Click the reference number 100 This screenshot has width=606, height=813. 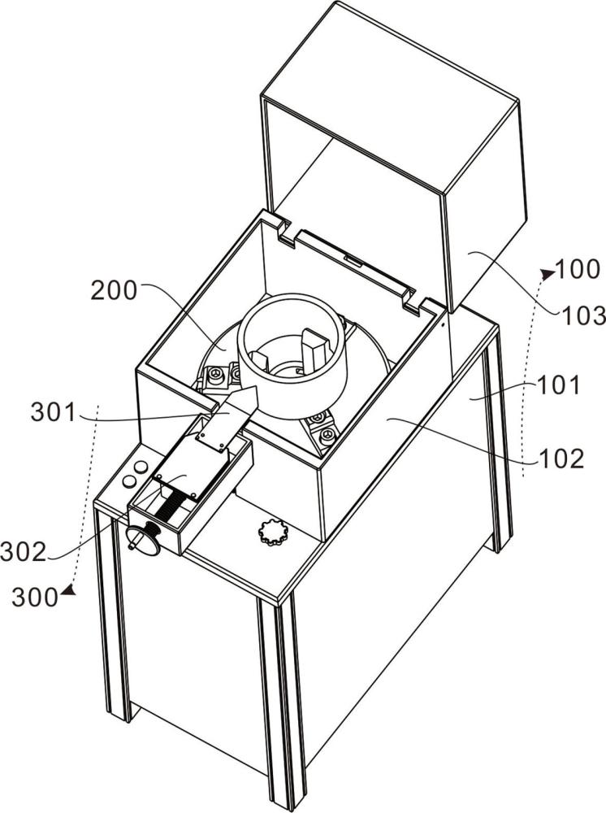click(x=578, y=270)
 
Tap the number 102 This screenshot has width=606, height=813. click(x=561, y=459)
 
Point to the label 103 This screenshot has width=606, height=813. click(x=583, y=315)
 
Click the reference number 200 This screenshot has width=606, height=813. click(x=114, y=291)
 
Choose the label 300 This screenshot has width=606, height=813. click(x=35, y=598)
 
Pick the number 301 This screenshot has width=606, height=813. click(x=54, y=413)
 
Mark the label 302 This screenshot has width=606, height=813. click(x=24, y=552)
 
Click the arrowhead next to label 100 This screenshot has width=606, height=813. click(x=547, y=272)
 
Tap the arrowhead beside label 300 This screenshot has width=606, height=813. click(x=68, y=589)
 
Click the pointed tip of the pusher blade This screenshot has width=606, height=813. click(x=257, y=387)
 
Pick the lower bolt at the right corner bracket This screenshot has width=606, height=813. click(x=326, y=437)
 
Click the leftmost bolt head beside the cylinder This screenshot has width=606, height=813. click(x=214, y=373)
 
